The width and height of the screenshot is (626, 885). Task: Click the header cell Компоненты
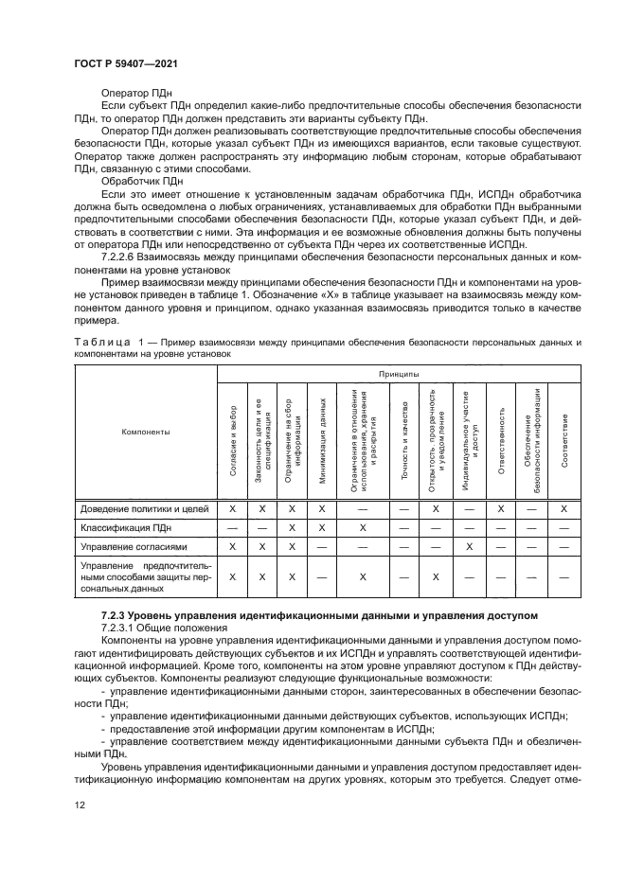click(x=145, y=432)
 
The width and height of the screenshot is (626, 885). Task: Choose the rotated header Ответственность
click(x=500, y=440)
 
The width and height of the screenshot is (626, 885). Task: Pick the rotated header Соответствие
click(x=563, y=440)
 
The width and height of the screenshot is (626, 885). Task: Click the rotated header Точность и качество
click(x=404, y=440)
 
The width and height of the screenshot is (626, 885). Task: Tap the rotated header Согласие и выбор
click(x=233, y=440)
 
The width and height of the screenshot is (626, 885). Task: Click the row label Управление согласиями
click(x=134, y=547)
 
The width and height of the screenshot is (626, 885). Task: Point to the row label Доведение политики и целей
click(x=144, y=508)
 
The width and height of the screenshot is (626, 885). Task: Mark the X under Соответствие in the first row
click(x=563, y=508)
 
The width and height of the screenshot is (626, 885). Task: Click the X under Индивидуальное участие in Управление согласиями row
click(x=469, y=547)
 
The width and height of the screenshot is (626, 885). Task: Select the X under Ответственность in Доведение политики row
click(x=500, y=508)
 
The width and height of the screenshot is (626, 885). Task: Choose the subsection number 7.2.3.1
click(x=118, y=628)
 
